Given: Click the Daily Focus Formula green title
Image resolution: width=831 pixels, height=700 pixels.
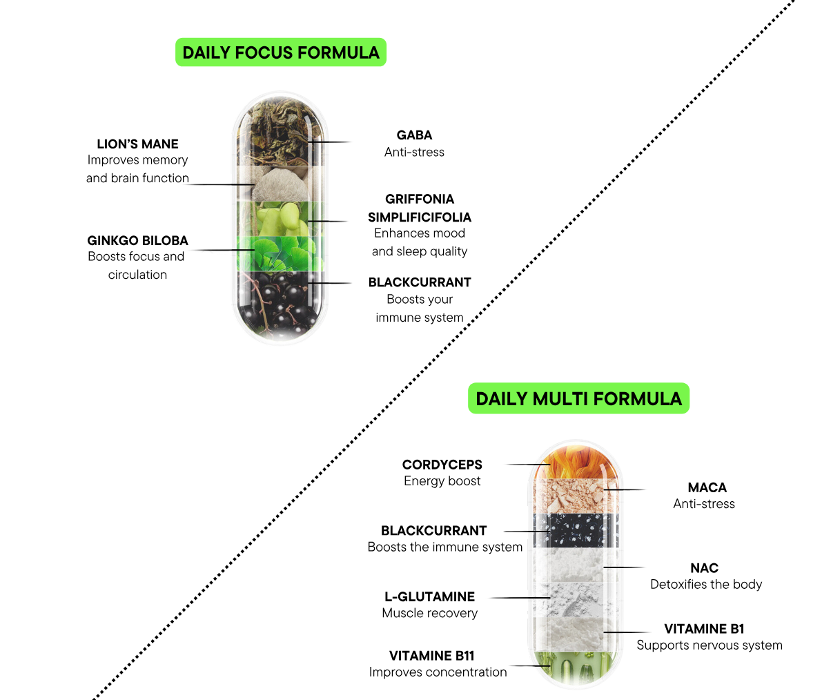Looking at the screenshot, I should [x=280, y=52].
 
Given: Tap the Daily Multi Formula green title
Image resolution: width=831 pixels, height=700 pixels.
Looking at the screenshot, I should [x=578, y=398].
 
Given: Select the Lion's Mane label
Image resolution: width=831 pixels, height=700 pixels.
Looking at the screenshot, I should [x=137, y=144].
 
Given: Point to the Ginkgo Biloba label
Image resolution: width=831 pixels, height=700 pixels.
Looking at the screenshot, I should [x=137, y=240].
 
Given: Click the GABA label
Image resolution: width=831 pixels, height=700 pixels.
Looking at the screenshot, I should [x=414, y=135].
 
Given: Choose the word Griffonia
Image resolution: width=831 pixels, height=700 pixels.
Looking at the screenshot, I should [x=420, y=199].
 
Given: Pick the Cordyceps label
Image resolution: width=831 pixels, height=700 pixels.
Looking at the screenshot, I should [x=442, y=465].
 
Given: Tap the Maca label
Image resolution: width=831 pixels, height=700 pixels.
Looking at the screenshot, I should [x=707, y=487].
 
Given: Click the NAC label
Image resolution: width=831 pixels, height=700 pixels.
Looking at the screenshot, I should [x=704, y=567].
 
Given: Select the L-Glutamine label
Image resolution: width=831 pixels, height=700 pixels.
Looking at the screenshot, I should [x=429, y=596].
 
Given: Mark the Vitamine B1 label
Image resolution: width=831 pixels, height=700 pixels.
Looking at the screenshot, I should [x=704, y=628].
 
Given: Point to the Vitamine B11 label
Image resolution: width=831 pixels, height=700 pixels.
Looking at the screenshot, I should [x=431, y=655].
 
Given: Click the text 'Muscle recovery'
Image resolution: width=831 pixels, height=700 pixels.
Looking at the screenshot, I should [x=429, y=613].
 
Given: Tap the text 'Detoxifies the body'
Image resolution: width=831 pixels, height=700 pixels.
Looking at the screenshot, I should [x=705, y=584].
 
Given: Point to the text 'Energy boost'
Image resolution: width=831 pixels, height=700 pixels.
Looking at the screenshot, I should [x=442, y=481].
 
